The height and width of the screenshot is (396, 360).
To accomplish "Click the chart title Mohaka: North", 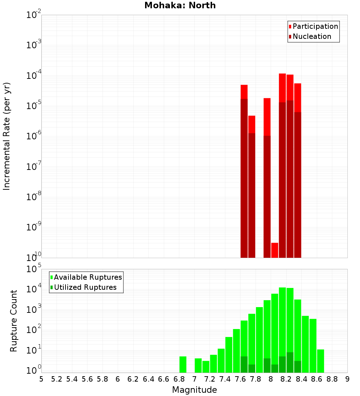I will tap(180, 6).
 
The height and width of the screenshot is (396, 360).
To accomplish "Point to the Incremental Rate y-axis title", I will tap(7, 136).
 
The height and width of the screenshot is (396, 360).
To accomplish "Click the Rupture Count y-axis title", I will tap(14, 321).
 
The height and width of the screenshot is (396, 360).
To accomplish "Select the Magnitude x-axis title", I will tap(194, 390).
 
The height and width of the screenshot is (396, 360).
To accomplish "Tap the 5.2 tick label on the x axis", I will tap(57, 379).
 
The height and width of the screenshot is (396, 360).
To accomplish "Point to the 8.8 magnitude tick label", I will tap(332, 379).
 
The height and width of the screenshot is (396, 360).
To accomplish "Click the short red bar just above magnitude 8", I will tap(275, 250).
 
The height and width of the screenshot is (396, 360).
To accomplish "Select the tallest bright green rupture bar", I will tap(282, 329).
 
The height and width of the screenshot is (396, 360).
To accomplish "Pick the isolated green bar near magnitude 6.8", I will tap(183, 364).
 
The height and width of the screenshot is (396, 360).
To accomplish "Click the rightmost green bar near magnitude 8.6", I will tap(320, 361).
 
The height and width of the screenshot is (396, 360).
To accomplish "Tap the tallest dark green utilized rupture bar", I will tap(290, 362).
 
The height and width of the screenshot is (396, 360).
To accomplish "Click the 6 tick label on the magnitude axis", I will tap(118, 379).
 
